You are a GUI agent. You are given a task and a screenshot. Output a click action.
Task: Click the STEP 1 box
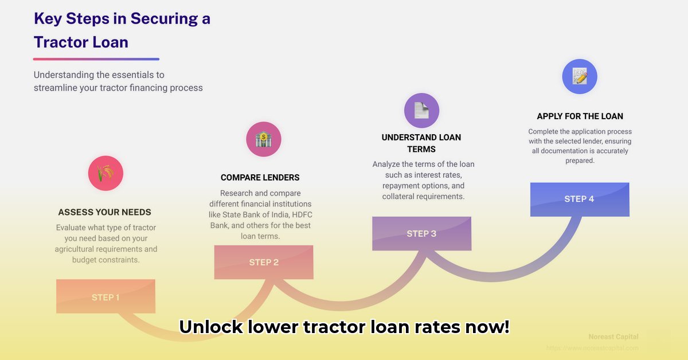(x=105, y=296)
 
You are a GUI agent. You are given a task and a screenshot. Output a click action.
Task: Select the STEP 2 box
(x=264, y=262)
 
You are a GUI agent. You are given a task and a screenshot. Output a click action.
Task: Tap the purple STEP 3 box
(x=421, y=233)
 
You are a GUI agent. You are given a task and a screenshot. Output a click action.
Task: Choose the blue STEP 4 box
(x=579, y=199)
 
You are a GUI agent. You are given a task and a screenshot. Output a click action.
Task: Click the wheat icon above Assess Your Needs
(x=105, y=173)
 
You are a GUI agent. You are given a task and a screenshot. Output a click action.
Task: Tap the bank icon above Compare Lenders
(x=264, y=139)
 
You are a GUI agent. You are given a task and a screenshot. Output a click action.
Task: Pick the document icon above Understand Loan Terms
(x=421, y=110)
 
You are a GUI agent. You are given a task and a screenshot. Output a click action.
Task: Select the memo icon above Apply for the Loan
(x=580, y=76)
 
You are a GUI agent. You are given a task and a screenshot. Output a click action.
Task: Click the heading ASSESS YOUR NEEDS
(x=105, y=212)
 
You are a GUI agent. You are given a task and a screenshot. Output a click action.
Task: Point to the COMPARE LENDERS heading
(x=260, y=178)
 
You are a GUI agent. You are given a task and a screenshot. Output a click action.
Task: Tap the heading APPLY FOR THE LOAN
(x=580, y=116)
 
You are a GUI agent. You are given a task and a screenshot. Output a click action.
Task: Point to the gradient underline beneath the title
(x=96, y=58)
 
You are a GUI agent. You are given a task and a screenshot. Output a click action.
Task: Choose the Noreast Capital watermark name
(x=613, y=336)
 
